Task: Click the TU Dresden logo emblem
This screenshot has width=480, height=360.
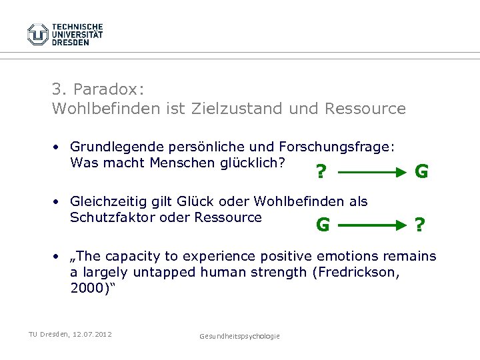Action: click(x=37, y=34)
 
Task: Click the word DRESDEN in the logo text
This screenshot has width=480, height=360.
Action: click(x=70, y=42)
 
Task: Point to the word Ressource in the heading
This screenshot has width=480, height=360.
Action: click(x=366, y=109)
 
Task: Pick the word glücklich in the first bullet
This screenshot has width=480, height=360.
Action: click(x=257, y=163)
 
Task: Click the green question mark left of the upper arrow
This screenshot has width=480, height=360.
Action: click(x=321, y=173)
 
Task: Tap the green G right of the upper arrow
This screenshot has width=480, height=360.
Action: click(x=421, y=172)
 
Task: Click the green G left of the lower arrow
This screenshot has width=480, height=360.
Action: click(x=323, y=225)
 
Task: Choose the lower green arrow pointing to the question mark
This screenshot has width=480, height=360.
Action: click(x=369, y=225)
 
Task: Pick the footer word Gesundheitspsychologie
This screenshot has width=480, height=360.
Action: click(x=239, y=336)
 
